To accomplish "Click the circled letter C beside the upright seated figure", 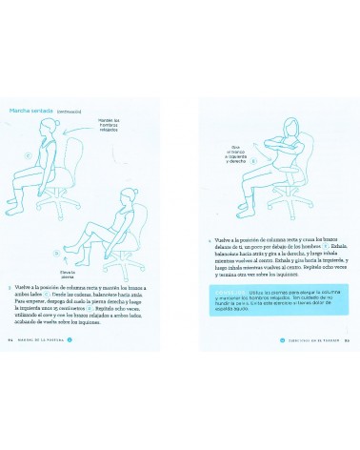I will coord(28,156).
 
